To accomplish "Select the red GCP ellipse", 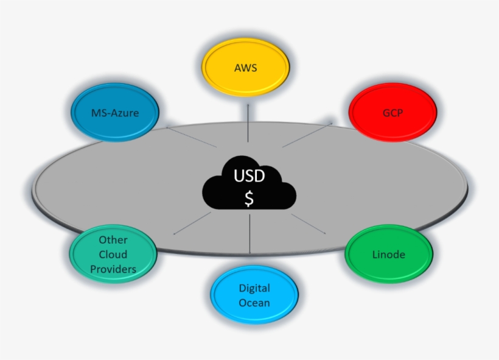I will (393, 113).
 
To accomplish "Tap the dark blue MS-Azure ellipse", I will (114, 113).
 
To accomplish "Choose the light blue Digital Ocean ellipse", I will (254, 295).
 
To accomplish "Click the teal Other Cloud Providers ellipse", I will (113, 255).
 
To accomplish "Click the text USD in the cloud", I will (249, 177).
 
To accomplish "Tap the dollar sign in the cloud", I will (249, 199).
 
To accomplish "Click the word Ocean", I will (254, 303).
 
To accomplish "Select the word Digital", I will (254, 288).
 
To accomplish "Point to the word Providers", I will (113, 269).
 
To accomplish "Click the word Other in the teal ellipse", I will (113, 240).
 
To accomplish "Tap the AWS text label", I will (245, 68).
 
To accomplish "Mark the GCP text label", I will (393, 113).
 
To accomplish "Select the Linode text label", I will (388, 254).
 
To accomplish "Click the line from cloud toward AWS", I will (248, 125).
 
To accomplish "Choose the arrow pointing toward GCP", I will (307, 135).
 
